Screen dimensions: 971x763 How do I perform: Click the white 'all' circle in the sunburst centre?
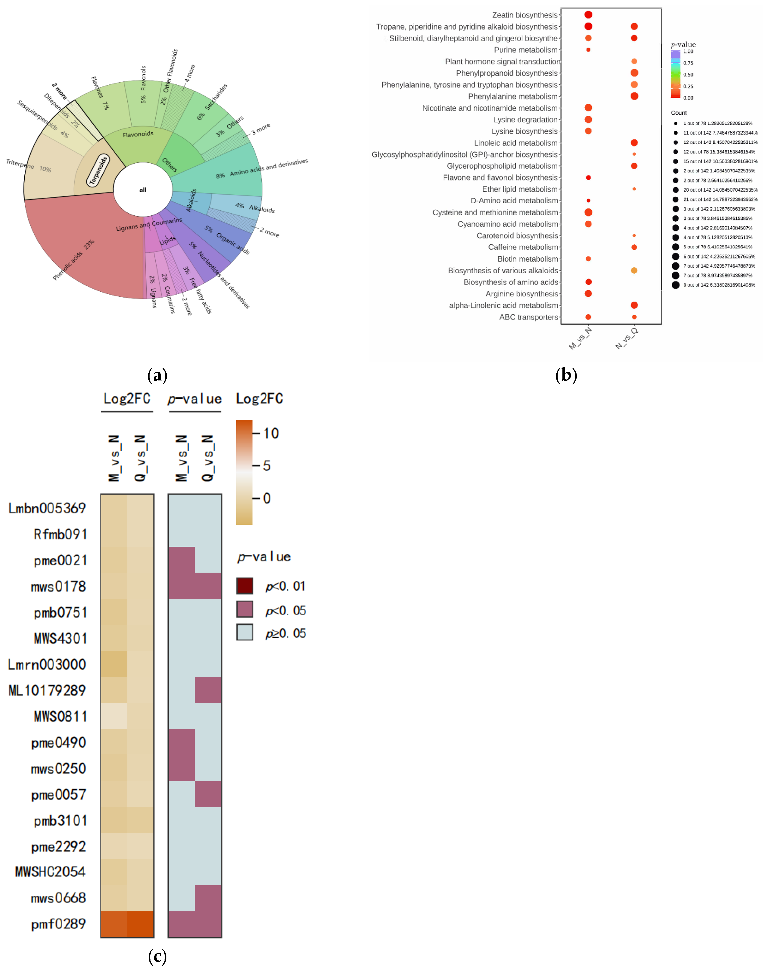[142, 190]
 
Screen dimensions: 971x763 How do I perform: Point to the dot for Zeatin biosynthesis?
[588, 15]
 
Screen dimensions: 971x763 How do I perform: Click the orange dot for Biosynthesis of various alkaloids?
[634, 270]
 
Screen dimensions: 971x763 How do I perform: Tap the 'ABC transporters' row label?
[529, 317]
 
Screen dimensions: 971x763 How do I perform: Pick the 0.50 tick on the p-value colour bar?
[688, 75]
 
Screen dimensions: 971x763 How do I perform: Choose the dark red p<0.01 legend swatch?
[245, 585]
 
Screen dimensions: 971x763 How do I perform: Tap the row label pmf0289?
[59, 924]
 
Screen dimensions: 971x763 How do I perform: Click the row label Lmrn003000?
[47, 664]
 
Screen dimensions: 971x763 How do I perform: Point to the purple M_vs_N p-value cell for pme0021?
[181, 559]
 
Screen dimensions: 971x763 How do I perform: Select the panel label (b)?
[566, 375]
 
